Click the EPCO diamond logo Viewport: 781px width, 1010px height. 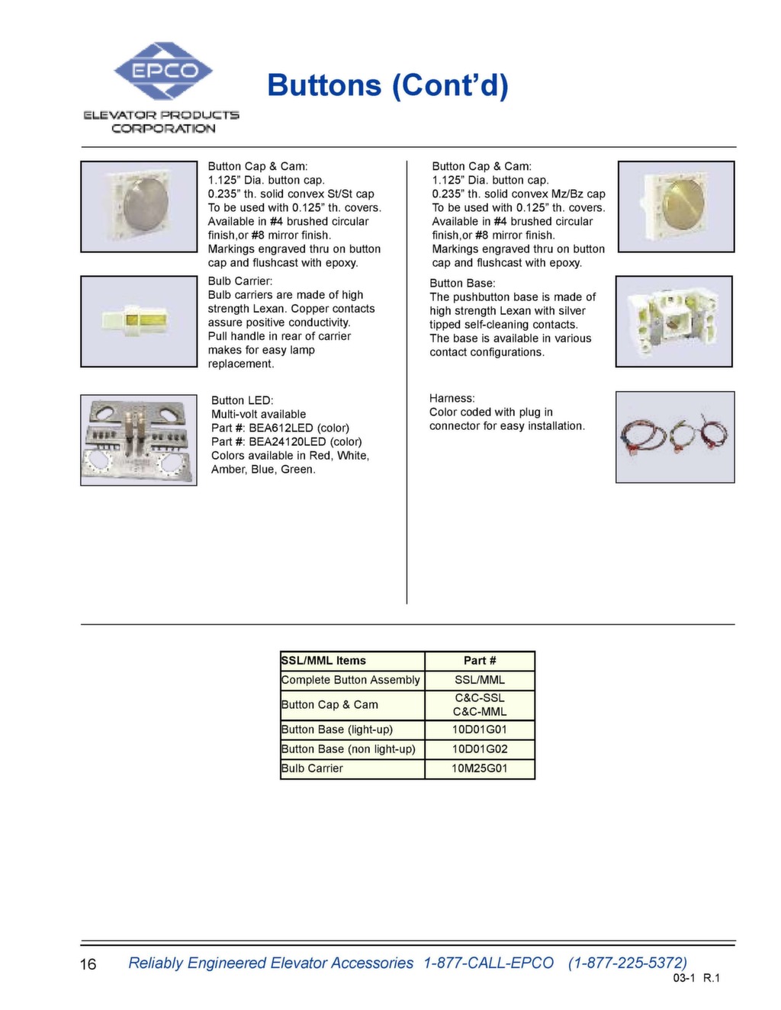(162, 71)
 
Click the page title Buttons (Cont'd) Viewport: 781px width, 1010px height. (387, 85)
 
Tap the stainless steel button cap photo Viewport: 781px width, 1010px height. (139, 207)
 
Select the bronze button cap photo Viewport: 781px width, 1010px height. (676, 207)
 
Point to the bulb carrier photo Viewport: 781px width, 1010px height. (139, 321)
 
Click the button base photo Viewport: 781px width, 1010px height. (673, 321)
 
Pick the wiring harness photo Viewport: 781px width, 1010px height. (674, 437)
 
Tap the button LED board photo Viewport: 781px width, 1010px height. (139, 440)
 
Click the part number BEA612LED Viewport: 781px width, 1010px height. (281, 428)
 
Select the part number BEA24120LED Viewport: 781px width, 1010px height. (287, 441)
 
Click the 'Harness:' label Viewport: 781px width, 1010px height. (452, 399)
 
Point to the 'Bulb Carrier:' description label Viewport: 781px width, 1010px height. (239, 281)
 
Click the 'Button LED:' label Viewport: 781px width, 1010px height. (242, 400)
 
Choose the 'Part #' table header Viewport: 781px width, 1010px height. (480, 661)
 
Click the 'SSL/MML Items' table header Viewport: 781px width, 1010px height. (323, 661)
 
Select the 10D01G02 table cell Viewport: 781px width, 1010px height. (480, 749)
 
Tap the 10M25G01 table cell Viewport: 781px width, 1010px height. (480, 768)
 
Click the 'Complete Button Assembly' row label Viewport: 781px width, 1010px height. (350, 680)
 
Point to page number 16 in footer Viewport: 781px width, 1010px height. (88, 964)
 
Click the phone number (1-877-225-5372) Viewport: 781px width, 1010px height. (627, 963)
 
